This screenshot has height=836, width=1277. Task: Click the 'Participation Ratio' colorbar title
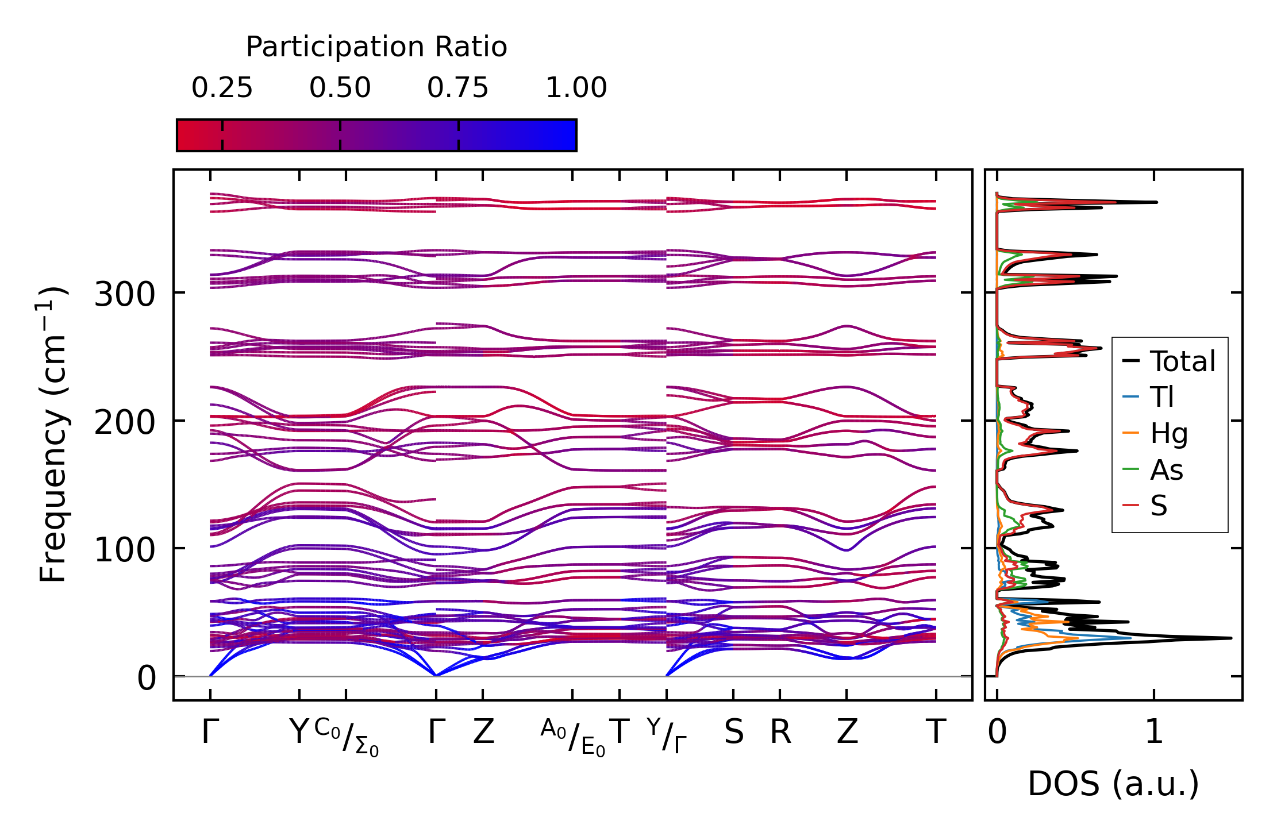point(376,47)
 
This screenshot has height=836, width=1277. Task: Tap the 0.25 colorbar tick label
point(222,88)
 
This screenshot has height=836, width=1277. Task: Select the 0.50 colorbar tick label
point(340,88)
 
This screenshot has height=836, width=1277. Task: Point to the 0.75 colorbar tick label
point(457,88)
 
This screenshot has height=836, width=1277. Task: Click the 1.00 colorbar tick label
point(576,88)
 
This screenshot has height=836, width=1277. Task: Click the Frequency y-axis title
point(52,434)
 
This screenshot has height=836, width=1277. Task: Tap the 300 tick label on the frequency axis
point(125,295)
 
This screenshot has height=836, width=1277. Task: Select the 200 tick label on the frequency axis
point(125,423)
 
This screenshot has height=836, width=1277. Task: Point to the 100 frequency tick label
point(125,551)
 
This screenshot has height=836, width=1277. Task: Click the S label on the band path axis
point(733,733)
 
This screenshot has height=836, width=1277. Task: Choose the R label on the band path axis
point(780,733)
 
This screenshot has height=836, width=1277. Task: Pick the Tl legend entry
point(1161,397)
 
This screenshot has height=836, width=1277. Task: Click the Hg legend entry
point(1168,433)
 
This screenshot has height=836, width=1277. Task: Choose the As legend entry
point(1166,470)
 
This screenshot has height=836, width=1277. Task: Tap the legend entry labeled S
point(1159,506)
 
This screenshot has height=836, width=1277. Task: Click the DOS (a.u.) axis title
point(1113,784)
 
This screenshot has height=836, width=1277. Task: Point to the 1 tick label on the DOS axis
point(1154,733)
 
